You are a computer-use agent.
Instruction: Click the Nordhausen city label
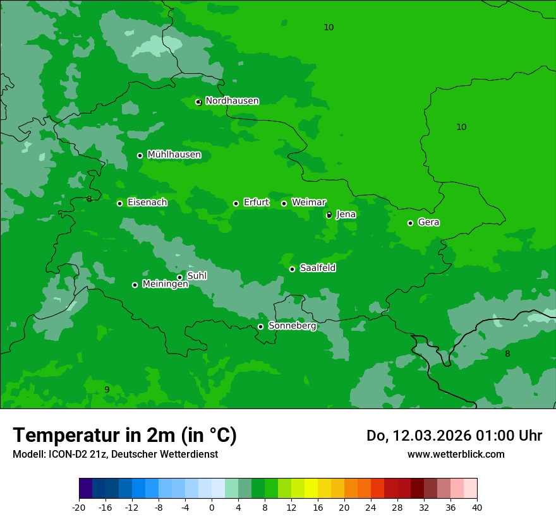tap(232, 101)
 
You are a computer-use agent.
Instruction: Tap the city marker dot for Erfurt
tap(236, 203)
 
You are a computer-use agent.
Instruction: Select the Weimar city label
tap(308, 203)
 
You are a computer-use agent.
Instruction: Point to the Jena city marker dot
tap(329, 215)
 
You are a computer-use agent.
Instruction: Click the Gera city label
tap(428, 222)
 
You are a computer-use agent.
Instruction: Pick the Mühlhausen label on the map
tap(174, 155)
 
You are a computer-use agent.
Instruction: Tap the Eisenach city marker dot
tap(119, 203)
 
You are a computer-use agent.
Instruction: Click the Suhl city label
tap(196, 276)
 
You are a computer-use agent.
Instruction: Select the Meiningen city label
tap(165, 284)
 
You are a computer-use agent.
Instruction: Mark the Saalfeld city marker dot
tap(292, 269)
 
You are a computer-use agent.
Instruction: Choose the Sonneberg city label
tap(292, 326)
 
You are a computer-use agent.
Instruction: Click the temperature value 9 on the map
tap(107, 390)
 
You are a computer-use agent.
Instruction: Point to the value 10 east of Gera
tap(461, 127)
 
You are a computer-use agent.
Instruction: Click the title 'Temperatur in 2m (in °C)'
tap(124, 436)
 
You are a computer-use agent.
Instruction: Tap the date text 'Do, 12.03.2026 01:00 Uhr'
tap(454, 436)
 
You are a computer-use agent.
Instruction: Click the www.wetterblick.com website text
tap(456, 454)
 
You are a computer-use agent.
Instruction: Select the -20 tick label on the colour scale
tap(79, 507)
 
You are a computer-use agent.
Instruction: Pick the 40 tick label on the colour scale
tap(477, 507)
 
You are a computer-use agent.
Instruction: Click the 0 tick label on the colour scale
tap(212, 507)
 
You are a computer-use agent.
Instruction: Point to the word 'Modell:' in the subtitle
tap(29, 454)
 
